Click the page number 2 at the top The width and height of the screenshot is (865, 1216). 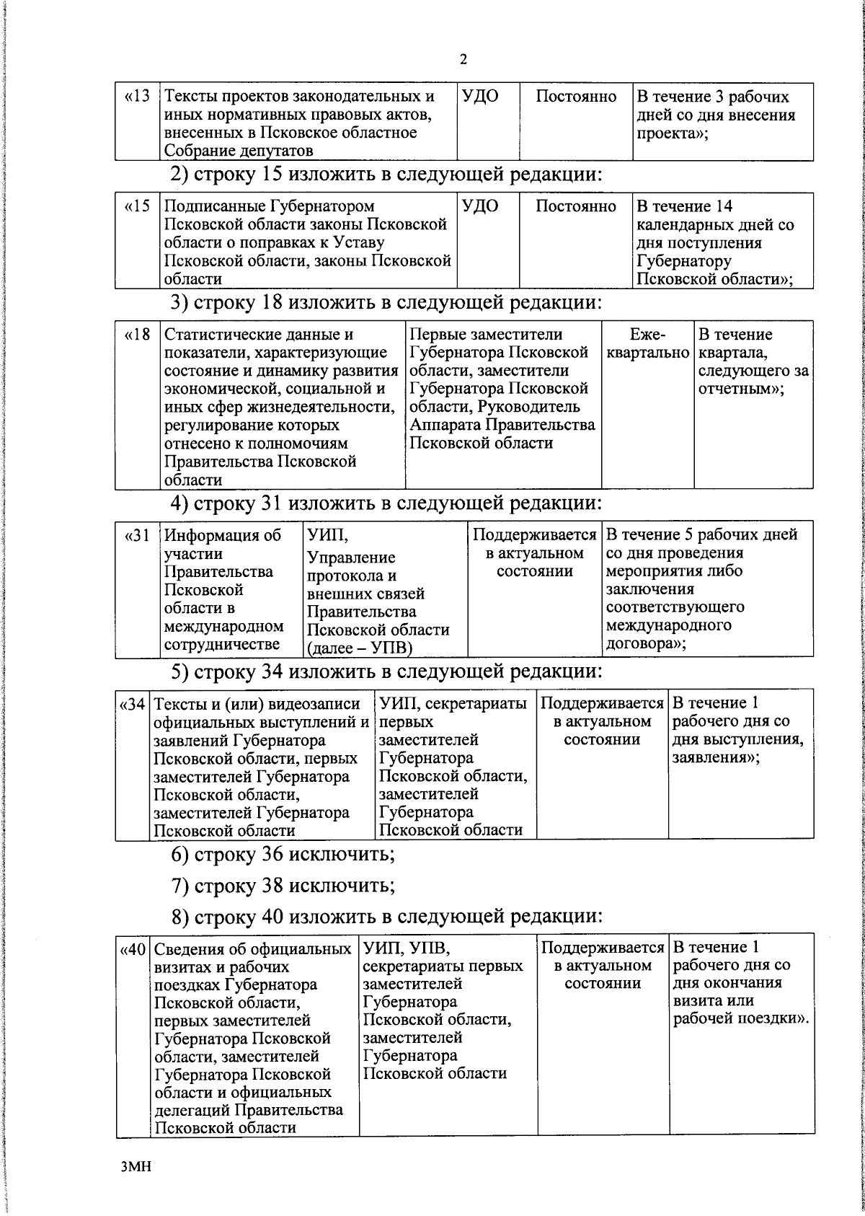[463, 60]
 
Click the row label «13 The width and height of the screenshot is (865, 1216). [137, 97]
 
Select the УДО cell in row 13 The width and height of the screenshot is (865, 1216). [480, 97]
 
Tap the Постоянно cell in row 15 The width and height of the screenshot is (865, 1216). [576, 207]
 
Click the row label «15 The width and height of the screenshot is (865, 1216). [137, 207]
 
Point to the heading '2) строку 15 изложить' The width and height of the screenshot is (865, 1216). [385, 175]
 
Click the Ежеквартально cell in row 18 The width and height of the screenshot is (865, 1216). [647, 344]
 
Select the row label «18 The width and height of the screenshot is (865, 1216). [137, 335]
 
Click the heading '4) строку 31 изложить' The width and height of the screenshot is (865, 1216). [385, 503]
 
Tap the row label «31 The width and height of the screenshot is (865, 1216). [137, 536]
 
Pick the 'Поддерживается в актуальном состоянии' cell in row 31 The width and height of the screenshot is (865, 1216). [534, 553]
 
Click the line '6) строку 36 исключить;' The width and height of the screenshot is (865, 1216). [283, 855]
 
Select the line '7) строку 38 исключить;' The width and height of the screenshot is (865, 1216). [283, 885]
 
